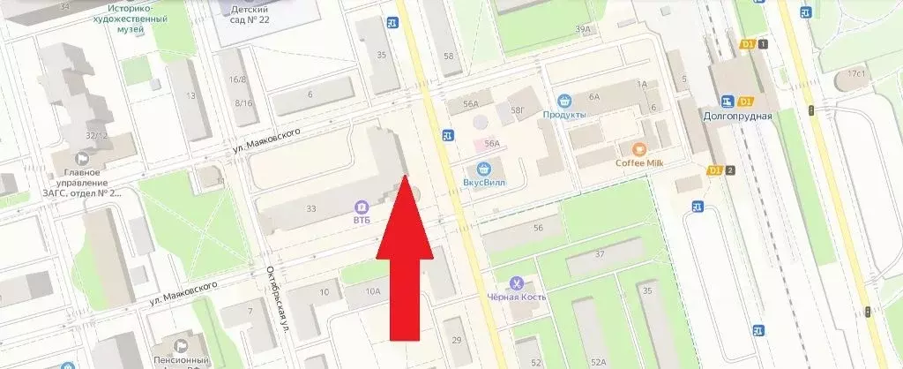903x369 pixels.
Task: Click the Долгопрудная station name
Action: pos(738,116)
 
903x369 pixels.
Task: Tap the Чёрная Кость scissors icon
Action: pos(517,282)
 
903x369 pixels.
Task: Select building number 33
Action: pos(310,209)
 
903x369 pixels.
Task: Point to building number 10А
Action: pos(373,291)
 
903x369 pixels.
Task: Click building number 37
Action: pos(600,255)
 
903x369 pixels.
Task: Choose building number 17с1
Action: pos(854,74)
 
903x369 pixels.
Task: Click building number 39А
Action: pos(582,29)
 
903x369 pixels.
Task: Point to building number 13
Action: pos(190,95)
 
